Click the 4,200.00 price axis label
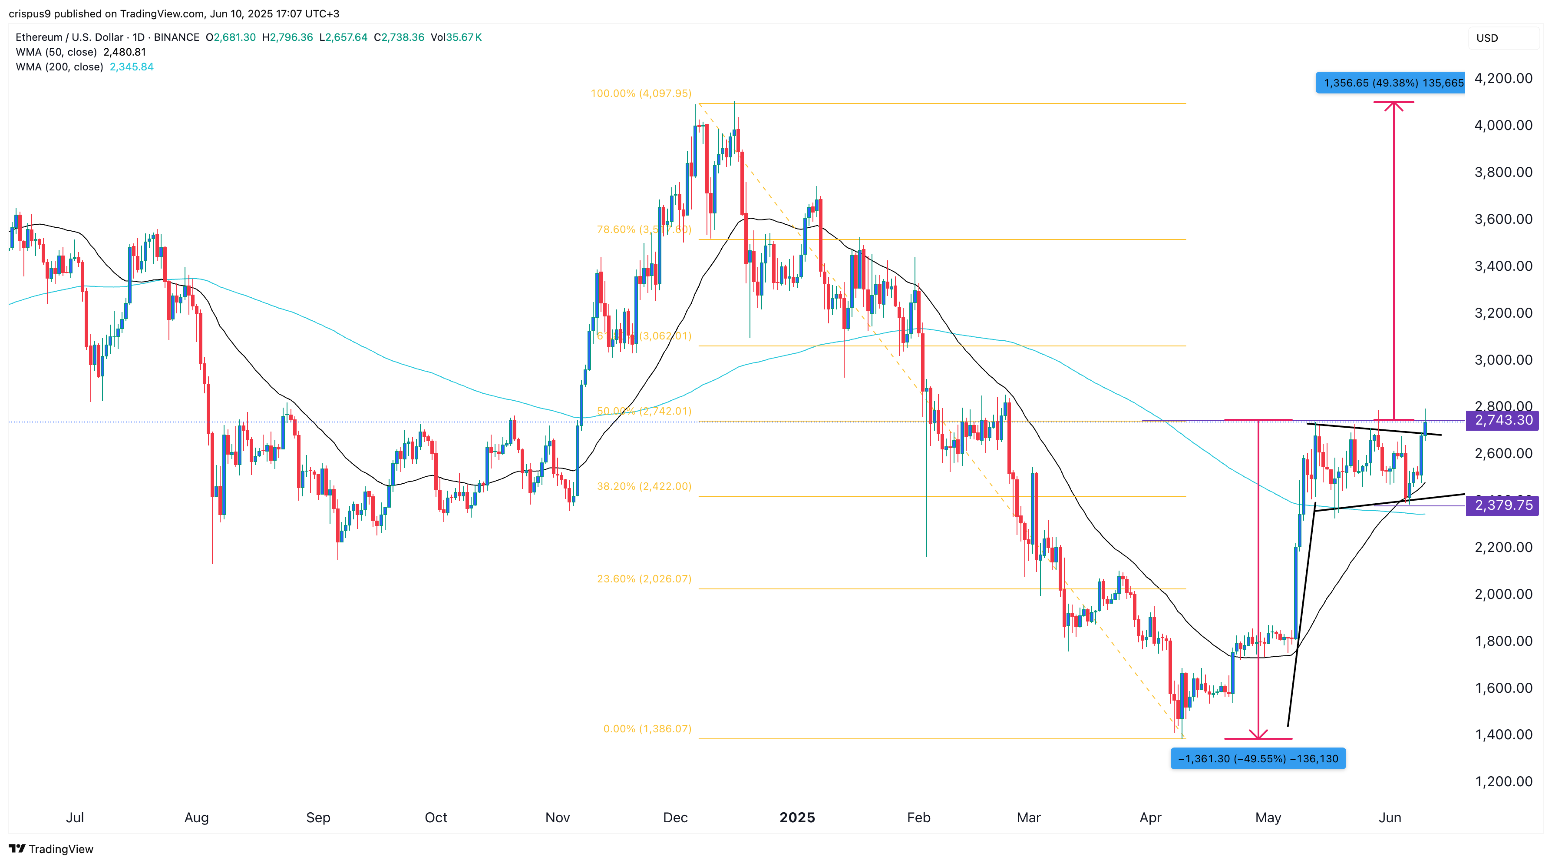tap(1502, 78)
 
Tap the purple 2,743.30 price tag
tap(1502, 420)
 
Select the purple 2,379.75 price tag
tap(1502, 505)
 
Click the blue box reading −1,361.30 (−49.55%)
tap(1258, 758)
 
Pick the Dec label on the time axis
tap(675, 817)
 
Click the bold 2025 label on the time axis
tap(796, 817)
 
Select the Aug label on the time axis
tap(196, 817)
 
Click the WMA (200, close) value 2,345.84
tap(131, 67)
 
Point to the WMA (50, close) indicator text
tap(56, 52)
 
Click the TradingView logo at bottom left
tap(51, 849)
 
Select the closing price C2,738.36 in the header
tap(399, 37)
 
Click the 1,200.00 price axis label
tap(1502, 781)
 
